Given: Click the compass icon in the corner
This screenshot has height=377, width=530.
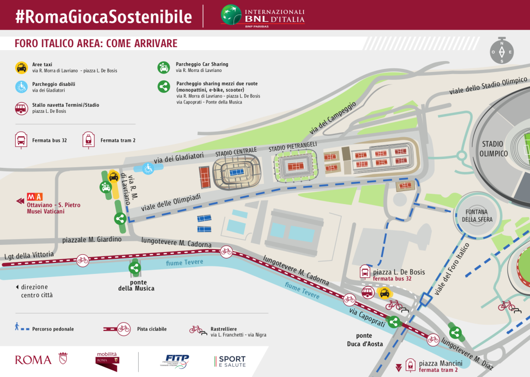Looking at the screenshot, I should click(501, 50).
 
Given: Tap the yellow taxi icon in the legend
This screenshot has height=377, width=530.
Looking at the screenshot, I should click(21, 68).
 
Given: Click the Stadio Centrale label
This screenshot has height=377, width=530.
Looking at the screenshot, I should click(236, 152).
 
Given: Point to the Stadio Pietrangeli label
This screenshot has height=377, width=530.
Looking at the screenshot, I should click(293, 147).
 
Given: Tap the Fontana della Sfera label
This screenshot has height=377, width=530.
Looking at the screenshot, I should click(479, 215).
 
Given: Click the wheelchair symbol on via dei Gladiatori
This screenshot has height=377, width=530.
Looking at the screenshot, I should click(148, 168).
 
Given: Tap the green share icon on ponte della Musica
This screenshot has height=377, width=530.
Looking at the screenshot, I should click(135, 268).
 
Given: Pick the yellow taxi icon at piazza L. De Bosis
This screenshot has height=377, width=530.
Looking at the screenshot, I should click(384, 294).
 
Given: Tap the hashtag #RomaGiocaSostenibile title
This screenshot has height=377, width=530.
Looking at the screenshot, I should click(103, 17).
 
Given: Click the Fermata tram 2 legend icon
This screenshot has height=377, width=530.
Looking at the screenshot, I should click(89, 139).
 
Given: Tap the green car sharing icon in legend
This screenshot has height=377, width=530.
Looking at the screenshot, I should click(164, 68).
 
